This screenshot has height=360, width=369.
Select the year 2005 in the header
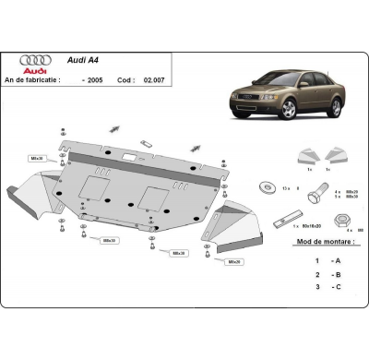[x=93, y=79]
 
